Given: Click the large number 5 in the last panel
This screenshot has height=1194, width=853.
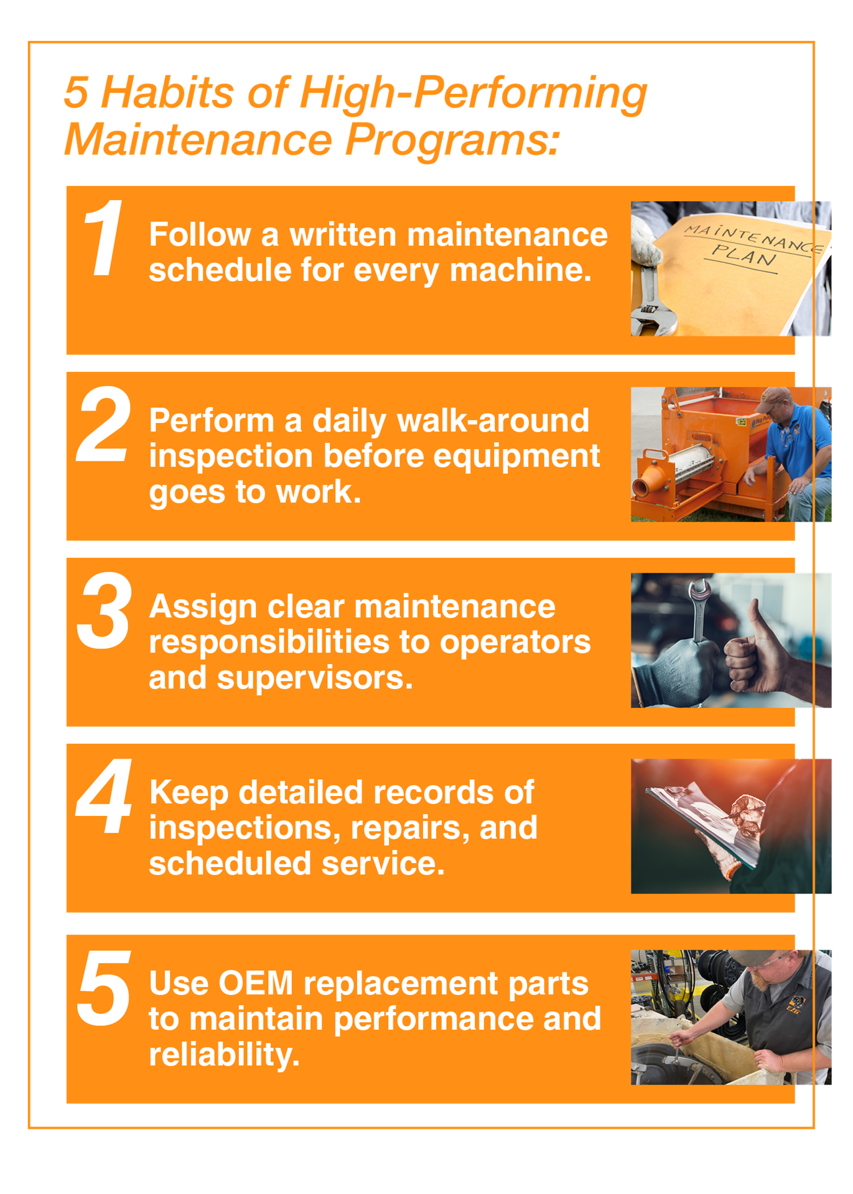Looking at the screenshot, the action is click(104, 988).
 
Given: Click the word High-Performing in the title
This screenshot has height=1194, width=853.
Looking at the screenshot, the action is click(473, 93).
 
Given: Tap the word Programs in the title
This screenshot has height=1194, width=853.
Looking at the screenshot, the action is click(452, 139).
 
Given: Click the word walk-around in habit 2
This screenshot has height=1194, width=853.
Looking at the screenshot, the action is click(493, 420).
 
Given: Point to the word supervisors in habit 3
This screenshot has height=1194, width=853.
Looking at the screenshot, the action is click(315, 678).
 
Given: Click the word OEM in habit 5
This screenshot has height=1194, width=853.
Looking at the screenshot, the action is click(256, 983).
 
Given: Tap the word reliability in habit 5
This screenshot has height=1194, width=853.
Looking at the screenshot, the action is click(224, 1055).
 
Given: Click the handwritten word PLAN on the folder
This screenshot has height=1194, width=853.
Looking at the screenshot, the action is click(744, 255).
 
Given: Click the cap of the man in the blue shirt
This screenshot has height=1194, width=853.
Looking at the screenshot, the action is click(773, 398).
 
